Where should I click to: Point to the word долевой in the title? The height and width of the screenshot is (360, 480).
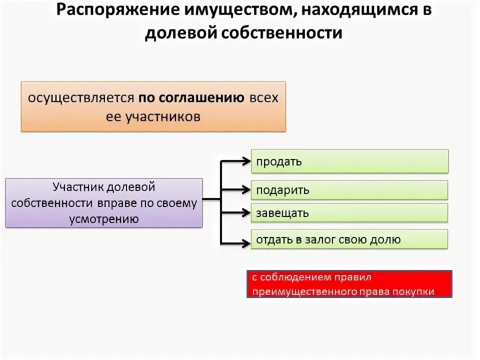tap(179, 33)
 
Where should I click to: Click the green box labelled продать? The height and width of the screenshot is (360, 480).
tap(349, 161)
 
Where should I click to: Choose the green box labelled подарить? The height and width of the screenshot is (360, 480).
tap(349, 190)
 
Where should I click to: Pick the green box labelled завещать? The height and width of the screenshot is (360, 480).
tap(349, 213)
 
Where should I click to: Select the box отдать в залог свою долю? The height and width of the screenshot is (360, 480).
tap(349, 239)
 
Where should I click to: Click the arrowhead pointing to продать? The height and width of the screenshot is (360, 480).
tap(245, 161)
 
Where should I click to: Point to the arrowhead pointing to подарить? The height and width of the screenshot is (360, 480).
tap(245, 189)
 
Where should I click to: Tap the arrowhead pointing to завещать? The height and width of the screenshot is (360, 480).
tap(245, 212)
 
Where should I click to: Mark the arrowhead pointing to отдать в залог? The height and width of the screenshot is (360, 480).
tap(245, 243)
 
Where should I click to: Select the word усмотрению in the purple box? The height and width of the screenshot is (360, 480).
tap(104, 218)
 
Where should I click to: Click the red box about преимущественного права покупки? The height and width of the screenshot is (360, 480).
tap(349, 284)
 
